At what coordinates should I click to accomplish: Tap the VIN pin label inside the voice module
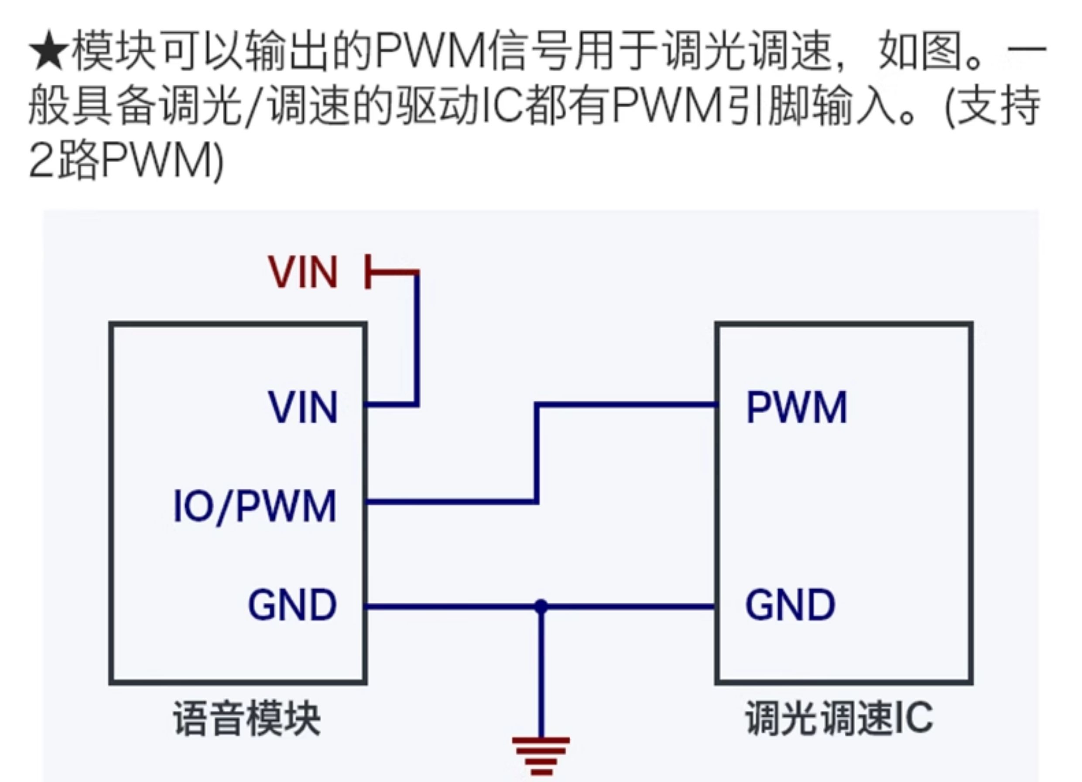[303, 407]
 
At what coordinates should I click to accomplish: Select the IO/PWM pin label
[255, 507]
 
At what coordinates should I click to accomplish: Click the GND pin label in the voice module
[292, 604]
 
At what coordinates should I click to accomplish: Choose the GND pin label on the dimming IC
[790, 604]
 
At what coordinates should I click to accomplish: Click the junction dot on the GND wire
[541, 607]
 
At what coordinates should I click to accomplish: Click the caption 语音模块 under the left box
[247, 718]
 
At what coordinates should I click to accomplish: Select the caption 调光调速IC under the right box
[839, 718]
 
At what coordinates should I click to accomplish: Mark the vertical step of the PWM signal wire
[537, 453]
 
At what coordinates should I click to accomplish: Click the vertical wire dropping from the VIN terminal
[417, 339]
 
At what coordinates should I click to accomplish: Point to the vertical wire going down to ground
[541, 673]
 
